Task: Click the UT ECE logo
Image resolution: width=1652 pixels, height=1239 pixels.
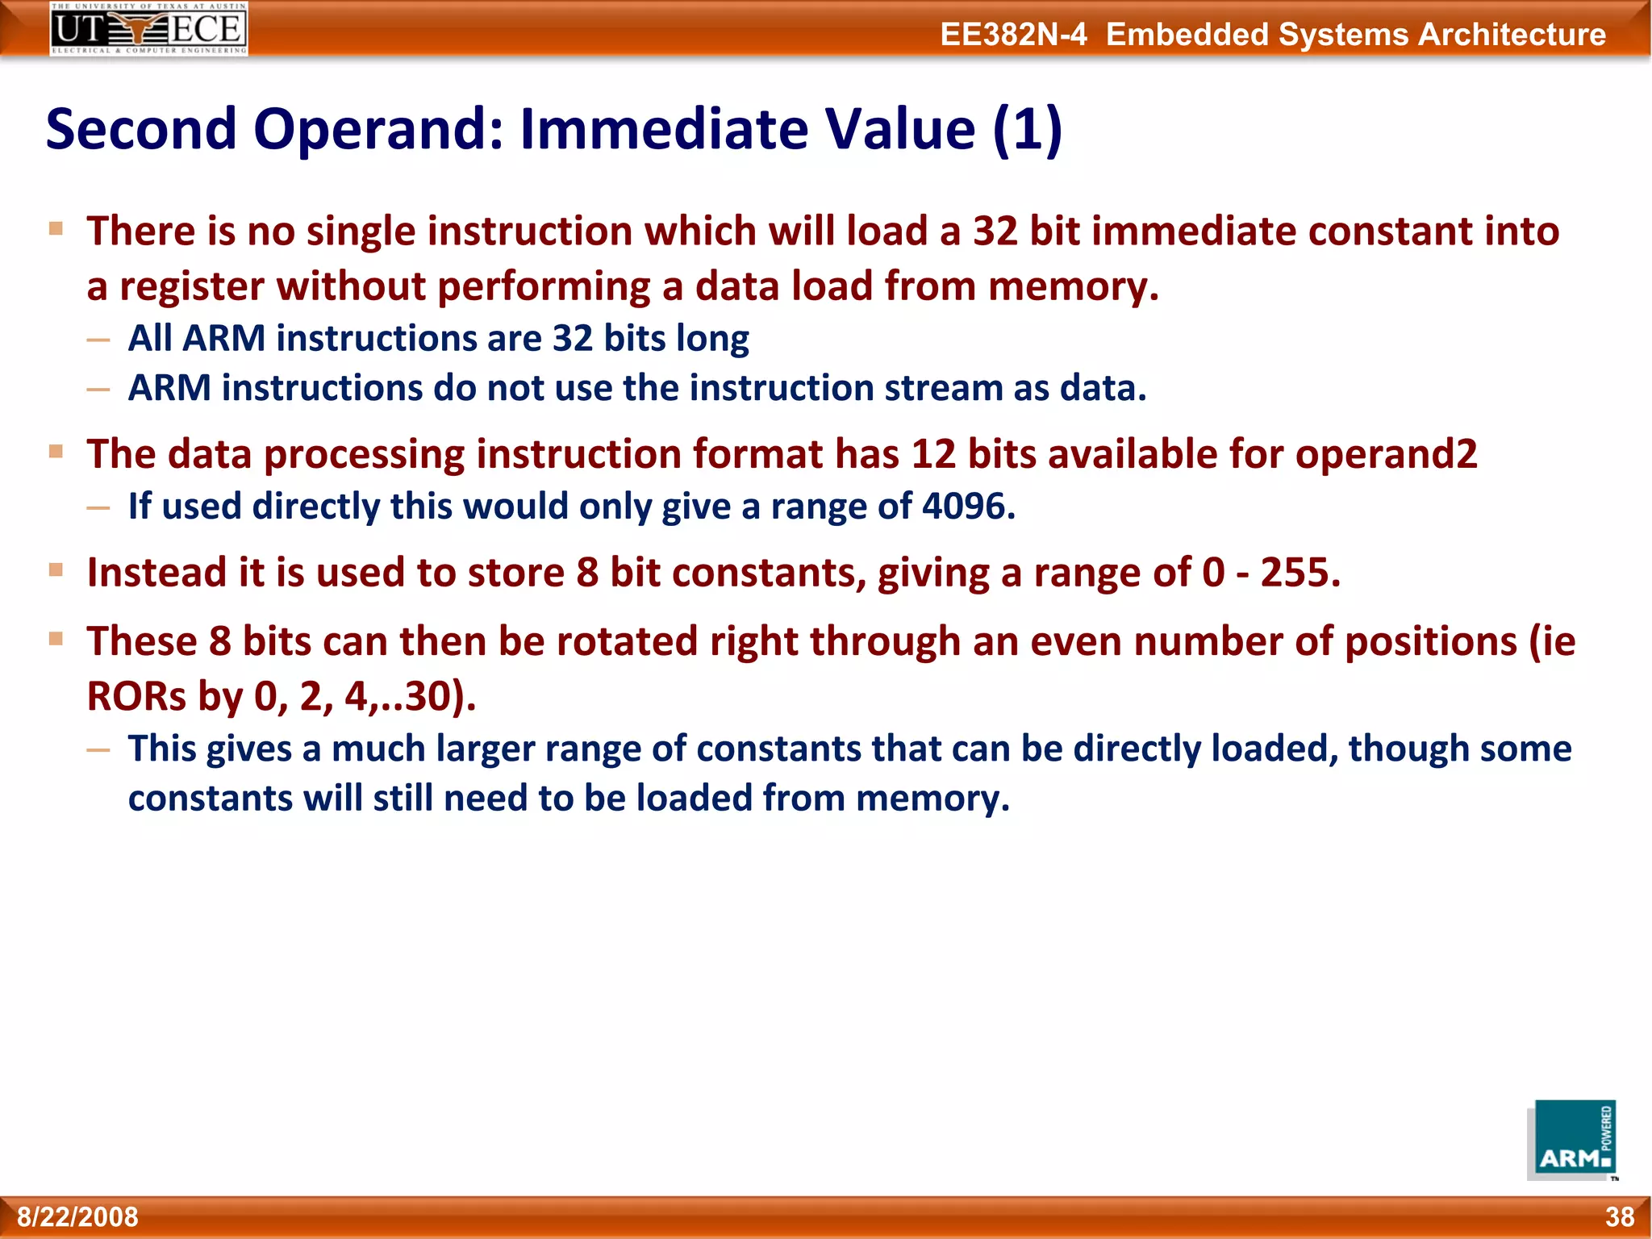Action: [x=148, y=29]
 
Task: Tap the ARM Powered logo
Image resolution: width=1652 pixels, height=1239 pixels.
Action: [x=1572, y=1140]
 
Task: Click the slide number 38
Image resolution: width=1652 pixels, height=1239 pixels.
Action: [x=1619, y=1216]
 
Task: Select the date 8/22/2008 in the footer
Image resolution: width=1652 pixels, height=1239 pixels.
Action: [x=78, y=1216]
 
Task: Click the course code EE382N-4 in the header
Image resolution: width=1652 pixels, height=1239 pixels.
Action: [x=1013, y=35]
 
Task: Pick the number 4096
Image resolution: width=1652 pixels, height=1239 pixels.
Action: [x=967, y=507]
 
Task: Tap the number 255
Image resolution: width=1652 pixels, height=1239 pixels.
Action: [x=1299, y=573]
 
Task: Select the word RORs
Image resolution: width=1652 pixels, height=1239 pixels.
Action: [x=136, y=696]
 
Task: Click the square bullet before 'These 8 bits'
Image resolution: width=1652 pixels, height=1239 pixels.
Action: [x=56, y=640]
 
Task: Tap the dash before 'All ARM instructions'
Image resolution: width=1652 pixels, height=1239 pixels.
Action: [x=98, y=340]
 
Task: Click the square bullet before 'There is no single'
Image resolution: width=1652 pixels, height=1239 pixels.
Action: [x=56, y=229]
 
